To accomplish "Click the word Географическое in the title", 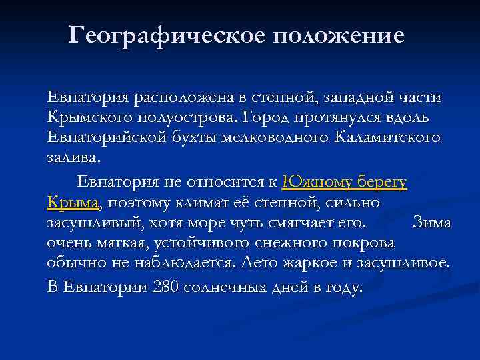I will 165,35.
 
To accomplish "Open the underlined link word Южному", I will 314,182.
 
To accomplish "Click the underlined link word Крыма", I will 73,202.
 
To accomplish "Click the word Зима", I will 432,223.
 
